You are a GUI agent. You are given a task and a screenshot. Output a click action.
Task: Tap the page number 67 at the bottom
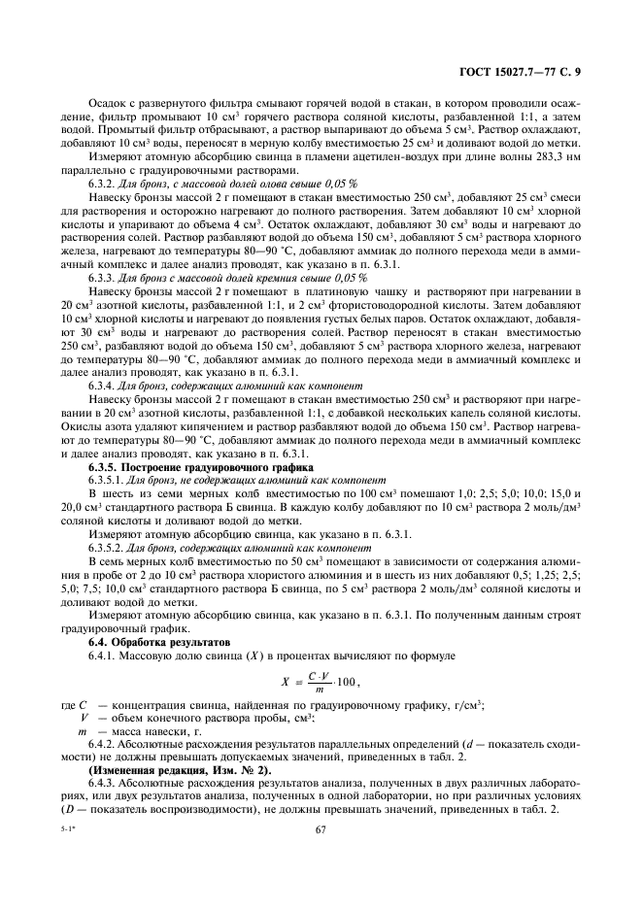click(x=321, y=828)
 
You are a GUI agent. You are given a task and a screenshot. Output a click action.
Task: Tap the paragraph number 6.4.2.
click(x=104, y=738)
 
